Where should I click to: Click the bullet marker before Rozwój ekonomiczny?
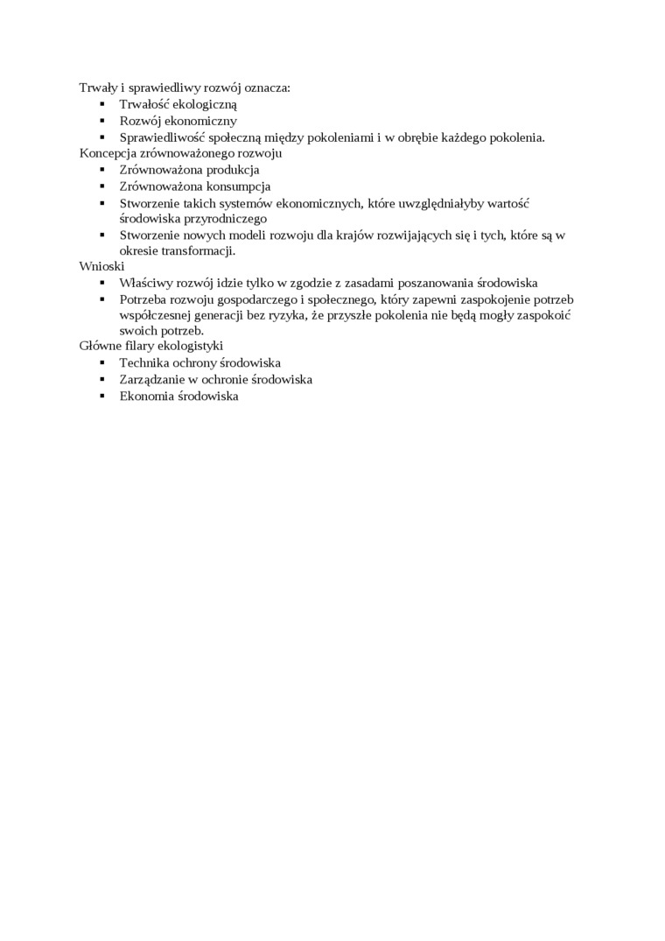tap(101, 121)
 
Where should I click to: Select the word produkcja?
tap(229, 170)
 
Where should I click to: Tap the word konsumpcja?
tap(239, 186)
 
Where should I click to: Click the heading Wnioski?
tap(101, 266)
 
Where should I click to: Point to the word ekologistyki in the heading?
tap(192, 347)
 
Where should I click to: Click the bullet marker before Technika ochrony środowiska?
tap(101, 362)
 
